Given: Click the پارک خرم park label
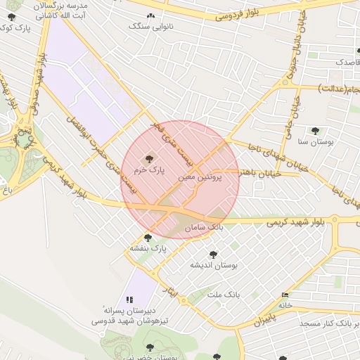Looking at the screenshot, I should point(151,170).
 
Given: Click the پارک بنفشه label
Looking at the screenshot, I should point(148,248).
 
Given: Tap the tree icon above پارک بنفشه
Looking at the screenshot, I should point(148,238).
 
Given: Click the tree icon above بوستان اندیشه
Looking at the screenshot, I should point(214,255).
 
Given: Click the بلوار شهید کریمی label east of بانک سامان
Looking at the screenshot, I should point(295,221).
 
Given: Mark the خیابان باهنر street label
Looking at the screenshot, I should point(252,172).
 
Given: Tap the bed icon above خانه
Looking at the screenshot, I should point(284,295).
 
